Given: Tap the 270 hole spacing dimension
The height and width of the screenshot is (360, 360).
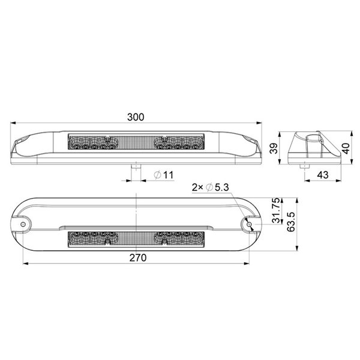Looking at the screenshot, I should [137, 257].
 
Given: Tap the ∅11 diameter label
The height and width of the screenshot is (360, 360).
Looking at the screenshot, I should [163, 175].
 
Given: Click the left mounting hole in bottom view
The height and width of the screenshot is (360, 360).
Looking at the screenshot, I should [24, 224].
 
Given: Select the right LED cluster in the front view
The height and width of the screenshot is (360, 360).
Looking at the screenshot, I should [178, 143].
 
